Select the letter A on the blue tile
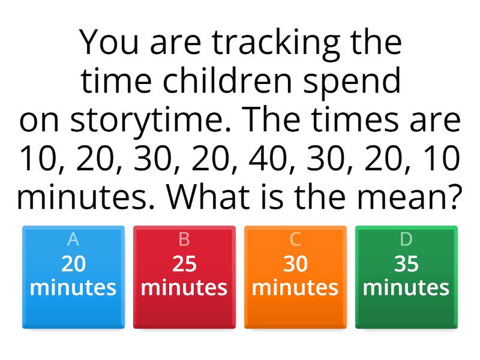pos(73,239)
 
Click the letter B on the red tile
pos(184,239)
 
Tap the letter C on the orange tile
pos(295,239)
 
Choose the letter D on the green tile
pos(406,239)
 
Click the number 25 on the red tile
pos(184,264)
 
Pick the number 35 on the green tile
pos(406,264)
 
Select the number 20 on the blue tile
pos(73,264)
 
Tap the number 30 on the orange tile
pos(295,264)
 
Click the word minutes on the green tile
pos(406,287)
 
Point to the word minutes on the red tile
pos(184,287)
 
